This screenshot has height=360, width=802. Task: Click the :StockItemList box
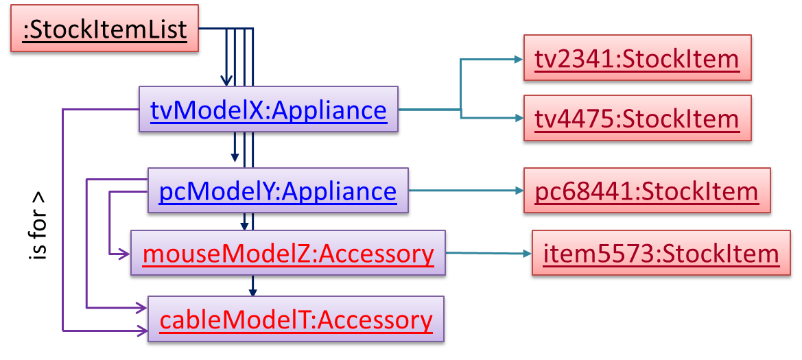click(x=104, y=31)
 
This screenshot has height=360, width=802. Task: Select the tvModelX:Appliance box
click(x=268, y=110)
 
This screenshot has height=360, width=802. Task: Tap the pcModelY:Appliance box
click(x=277, y=191)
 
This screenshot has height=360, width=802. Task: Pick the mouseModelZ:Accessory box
click(x=288, y=254)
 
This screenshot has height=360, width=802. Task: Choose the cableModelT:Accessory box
click(x=296, y=320)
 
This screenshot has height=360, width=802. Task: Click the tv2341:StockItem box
click(x=637, y=59)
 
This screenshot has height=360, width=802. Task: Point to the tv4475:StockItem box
click(x=637, y=119)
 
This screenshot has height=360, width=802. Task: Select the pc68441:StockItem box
click(x=646, y=191)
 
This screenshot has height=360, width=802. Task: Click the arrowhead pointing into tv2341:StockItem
click(x=517, y=60)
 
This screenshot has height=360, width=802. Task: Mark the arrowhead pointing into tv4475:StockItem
click(x=517, y=119)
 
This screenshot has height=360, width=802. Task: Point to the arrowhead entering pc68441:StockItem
click(x=517, y=191)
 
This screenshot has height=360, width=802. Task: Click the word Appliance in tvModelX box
click(x=329, y=110)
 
